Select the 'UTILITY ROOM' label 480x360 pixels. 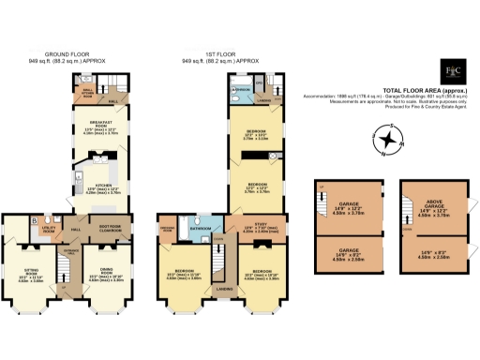click(x=48, y=230)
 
